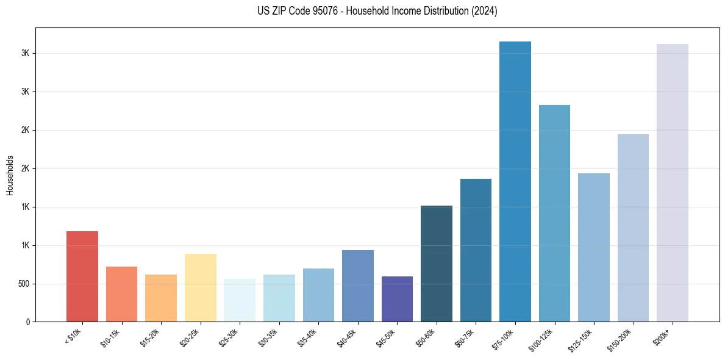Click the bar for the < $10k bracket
pos(82,276)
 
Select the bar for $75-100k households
pos(515,182)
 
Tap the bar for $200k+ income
pos(673,183)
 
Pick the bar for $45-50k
pos(397,299)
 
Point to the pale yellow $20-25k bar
pos(201,288)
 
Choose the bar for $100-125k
pos(554,214)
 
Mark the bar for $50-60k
pos(437,264)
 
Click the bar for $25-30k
pos(240,300)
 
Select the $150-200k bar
pos(633,228)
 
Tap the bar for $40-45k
pos(358,286)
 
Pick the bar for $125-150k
pos(594,248)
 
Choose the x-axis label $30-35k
pos(270,337)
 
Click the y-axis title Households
pos(10,175)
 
